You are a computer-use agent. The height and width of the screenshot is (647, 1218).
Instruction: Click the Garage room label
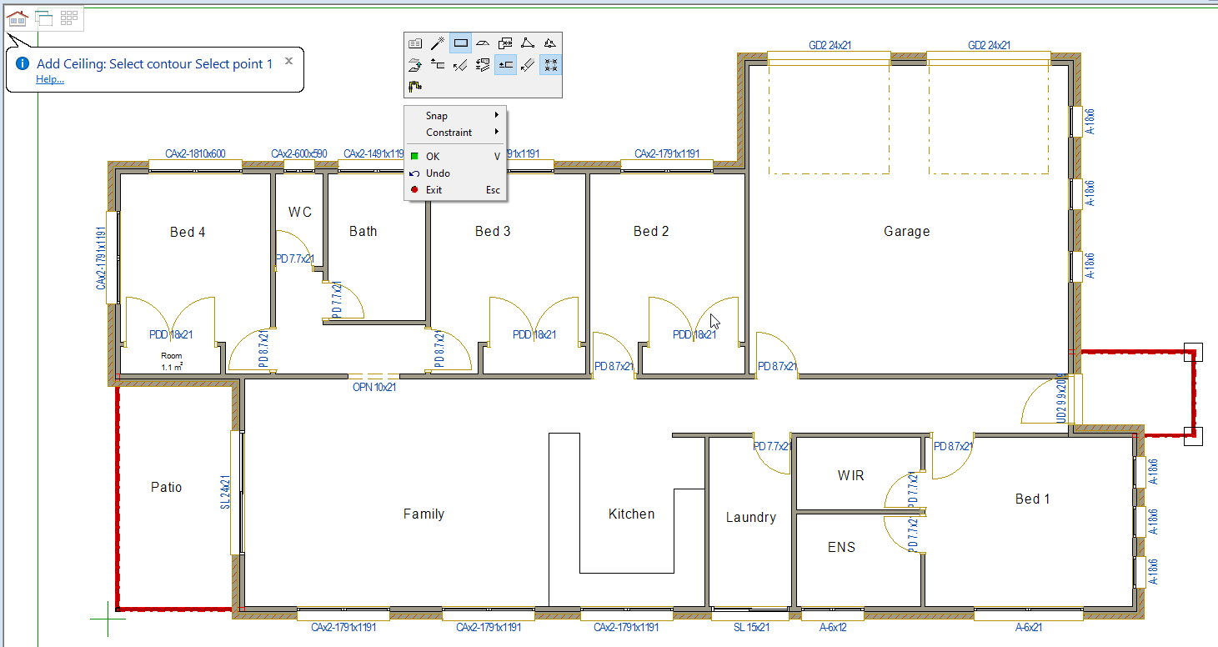pyautogui.click(x=906, y=232)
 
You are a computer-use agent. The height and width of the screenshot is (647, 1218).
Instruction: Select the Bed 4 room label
pyautogui.click(x=188, y=233)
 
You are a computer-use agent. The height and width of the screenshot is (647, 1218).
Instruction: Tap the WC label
pyautogui.click(x=300, y=212)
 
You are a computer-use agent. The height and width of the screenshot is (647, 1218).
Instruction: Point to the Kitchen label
pyautogui.click(x=631, y=514)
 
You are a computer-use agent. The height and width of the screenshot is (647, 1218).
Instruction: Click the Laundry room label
pyautogui.click(x=750, y=518)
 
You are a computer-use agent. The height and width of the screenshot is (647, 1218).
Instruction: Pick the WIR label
pyautogui.click(x=850, y=476)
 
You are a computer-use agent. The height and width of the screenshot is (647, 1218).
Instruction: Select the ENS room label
pyautogui.click(x=841, y=548)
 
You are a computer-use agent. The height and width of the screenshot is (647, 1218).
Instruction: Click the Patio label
pyautogui.click(x=166, y=488)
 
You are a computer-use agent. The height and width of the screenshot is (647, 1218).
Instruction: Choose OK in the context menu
pyautogui.click(x=433, y=156)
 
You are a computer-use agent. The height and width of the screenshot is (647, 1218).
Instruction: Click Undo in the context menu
pyautogui.click(x=438, y=173)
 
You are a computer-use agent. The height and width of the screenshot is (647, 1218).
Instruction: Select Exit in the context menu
pyautogui.click(x=434, y=190)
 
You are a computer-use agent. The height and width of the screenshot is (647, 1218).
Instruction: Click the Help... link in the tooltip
pyautogui.click(x=50, y=80)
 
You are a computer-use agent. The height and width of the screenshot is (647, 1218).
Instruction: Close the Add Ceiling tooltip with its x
pyautogui.click(x=288, y=61)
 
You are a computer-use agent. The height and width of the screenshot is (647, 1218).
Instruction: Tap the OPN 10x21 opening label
pyautogui.click(x=374, y=387)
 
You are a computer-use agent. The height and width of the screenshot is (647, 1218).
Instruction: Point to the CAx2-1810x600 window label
pyautogui.click(x=195, y=154)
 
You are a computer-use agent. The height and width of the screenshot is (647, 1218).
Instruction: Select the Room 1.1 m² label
pyautogui.click(x=171, y=361)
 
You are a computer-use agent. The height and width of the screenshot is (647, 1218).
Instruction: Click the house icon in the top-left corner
pyautogui.click(x=18, y=18)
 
